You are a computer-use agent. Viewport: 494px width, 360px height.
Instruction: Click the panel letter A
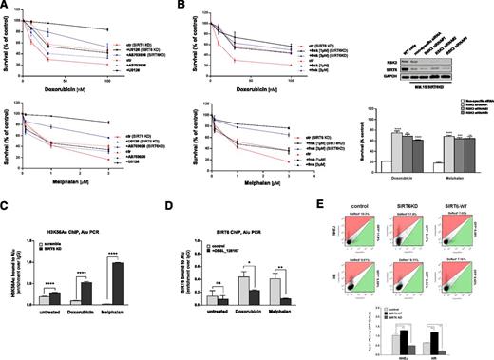[x=6, y=6]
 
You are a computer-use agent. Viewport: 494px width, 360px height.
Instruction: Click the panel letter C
[x=6, y=202]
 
